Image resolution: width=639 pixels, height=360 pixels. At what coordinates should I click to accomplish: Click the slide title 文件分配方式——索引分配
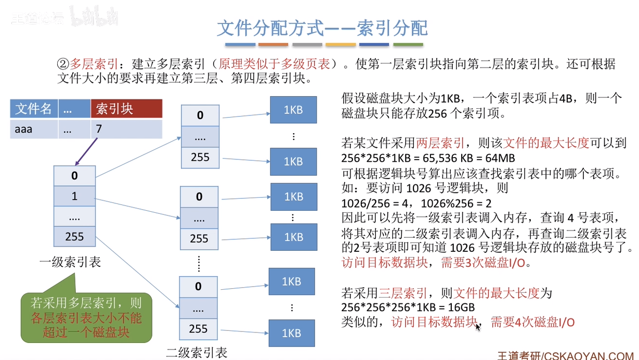322,28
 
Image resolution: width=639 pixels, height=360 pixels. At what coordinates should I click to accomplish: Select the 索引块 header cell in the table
127,109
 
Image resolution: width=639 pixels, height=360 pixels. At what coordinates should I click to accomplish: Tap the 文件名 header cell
34,109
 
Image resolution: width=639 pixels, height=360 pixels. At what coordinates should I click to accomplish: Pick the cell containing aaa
34,129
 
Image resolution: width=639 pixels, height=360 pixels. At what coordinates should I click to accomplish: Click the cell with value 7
127,129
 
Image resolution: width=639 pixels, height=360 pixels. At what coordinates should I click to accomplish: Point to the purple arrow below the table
86,151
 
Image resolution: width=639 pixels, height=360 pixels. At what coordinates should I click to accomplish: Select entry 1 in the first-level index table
74,196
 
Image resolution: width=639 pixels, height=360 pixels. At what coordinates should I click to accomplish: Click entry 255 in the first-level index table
74,236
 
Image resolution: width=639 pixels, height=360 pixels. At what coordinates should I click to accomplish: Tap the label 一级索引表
70,262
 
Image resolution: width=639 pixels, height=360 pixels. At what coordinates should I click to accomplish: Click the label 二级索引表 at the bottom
197,353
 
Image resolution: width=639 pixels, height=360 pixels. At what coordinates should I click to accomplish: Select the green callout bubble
86,317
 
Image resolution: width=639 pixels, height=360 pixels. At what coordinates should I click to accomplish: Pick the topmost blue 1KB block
294,110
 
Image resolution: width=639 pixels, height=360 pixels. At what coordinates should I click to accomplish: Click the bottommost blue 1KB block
292,333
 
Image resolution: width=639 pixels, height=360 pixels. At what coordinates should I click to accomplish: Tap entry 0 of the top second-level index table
200,115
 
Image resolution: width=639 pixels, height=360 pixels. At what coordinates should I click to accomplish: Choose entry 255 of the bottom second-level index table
198,329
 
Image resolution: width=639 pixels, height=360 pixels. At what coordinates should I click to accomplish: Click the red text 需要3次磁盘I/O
483,263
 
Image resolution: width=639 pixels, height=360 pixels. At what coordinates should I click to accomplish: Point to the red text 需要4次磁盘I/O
532,322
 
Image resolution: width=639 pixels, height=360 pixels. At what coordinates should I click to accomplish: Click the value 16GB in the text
461,307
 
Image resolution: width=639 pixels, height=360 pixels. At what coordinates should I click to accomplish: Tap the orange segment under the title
273,45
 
